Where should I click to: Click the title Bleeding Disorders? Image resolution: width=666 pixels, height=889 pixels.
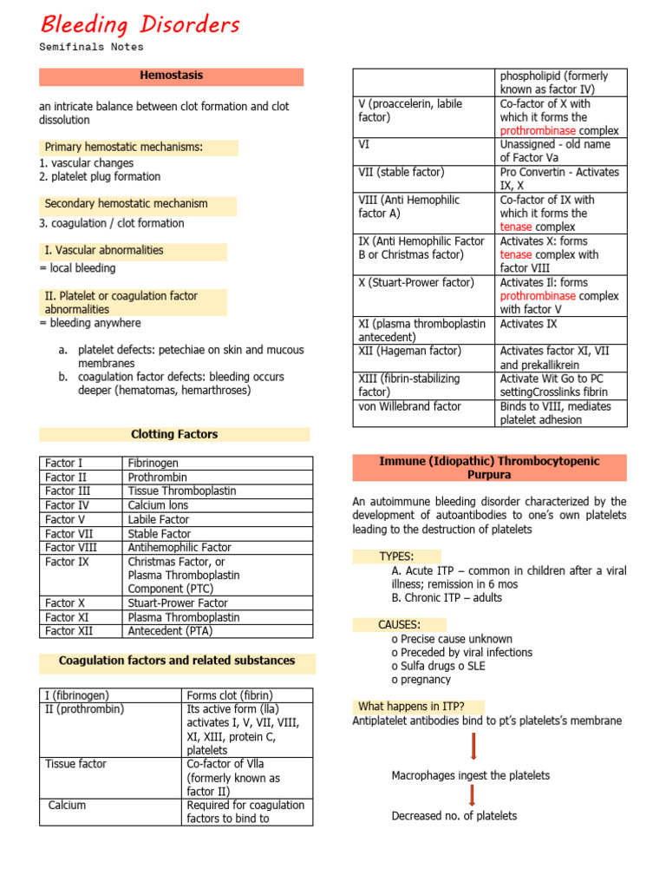(x=140, y=25)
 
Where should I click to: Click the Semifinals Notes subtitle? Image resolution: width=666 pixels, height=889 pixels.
(x=91, y=47)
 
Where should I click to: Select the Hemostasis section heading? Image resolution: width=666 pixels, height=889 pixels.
(x=172, y=76)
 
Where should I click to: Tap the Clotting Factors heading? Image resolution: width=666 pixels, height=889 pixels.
(x=173, y=434)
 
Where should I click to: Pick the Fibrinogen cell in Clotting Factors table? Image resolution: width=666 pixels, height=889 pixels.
(x=153, y=464)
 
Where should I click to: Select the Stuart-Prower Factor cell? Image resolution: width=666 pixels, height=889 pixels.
(x=178, y=603)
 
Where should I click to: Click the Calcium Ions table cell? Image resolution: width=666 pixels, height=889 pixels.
(x=158, y=505)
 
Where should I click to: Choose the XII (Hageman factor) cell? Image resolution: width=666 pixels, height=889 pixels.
(x=409, y=351)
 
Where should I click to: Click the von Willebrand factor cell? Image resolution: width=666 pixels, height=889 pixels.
(x=409, y=406)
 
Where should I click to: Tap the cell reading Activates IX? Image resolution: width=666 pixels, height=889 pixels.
(x=528, y=324)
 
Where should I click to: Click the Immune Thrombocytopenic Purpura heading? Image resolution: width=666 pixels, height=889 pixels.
(x=489, y=468)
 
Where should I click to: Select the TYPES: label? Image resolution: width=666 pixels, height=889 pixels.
(x=396, y=556)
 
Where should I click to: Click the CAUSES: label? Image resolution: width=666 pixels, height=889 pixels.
(x=399, y=624)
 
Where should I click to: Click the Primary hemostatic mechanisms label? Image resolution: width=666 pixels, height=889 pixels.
(x=123, y=148)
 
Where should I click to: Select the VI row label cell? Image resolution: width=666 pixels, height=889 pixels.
(x=364, y=145)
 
